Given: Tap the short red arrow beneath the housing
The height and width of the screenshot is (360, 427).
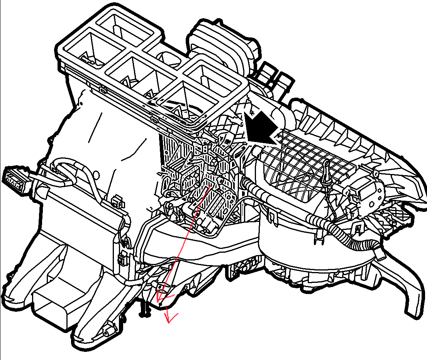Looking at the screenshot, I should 168,314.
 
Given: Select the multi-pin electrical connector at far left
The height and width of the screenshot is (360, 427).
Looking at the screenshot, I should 15,178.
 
